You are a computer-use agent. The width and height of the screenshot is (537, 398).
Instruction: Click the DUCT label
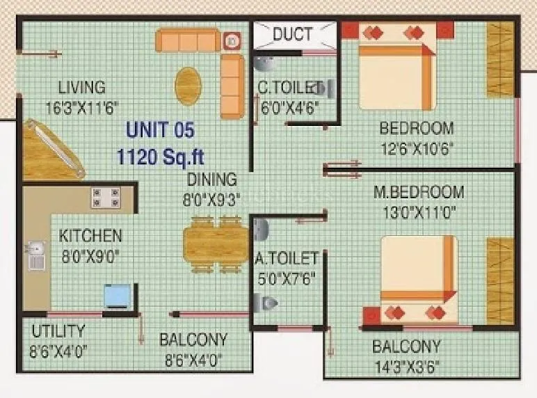coord(292,33)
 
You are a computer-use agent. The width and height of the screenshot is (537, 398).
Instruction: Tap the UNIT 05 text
coord(160,129)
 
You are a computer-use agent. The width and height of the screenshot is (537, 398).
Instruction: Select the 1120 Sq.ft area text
coord(160,154)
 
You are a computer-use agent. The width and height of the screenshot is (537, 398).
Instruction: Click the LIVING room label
coord(81,88)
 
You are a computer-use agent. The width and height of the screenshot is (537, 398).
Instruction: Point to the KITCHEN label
coord(90,236)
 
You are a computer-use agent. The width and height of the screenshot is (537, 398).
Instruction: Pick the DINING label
coord(211,180)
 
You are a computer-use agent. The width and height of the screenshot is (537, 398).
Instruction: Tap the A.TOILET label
coord(287,259)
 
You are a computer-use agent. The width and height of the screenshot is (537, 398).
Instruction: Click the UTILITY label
coord(58,331)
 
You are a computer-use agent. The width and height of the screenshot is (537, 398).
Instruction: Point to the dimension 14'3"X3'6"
coord(406,366)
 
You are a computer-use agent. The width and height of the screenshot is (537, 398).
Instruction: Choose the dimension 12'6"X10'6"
coord(417,148)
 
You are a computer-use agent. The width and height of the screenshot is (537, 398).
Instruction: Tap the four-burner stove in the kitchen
coord(104,198)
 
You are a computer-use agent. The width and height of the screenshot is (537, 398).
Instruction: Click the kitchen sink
coord(34,255)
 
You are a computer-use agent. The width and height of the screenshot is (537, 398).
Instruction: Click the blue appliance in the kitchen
coord(116,296)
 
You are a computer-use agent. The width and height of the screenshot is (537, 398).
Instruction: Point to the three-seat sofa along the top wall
coord(188,41)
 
